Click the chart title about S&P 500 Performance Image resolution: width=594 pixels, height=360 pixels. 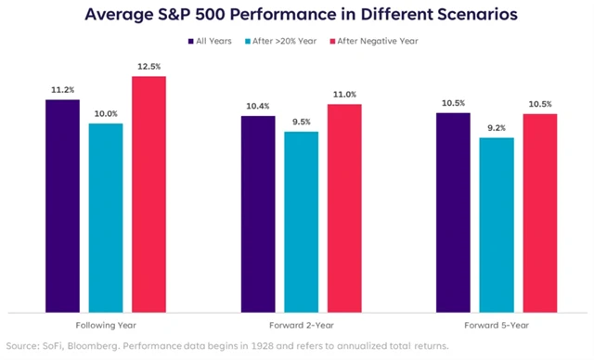click(x=297, y=15)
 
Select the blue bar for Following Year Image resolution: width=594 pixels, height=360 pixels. click(x=105, y=217)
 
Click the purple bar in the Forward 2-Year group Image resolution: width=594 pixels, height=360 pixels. click(x=258, y=213)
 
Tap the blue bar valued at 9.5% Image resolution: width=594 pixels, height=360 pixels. click(x=301, y=222)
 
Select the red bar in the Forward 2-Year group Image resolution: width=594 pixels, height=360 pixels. click(x=343, y=208)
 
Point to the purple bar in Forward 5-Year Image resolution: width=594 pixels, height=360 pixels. click(x=453, y=212)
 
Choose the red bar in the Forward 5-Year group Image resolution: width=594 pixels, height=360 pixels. click(x=539, y=212)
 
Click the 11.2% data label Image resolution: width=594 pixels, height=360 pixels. click(x=62, y=90)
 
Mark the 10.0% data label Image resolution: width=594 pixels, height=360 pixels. click(x=105, y=113)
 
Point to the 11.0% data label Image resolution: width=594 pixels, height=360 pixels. click(x=343, y=95)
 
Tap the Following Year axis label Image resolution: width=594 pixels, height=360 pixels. click(x=104, y=326)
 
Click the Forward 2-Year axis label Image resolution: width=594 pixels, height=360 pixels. click(x=301, y=326)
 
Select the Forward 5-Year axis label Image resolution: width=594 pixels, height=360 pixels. click(x=496, y=326)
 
